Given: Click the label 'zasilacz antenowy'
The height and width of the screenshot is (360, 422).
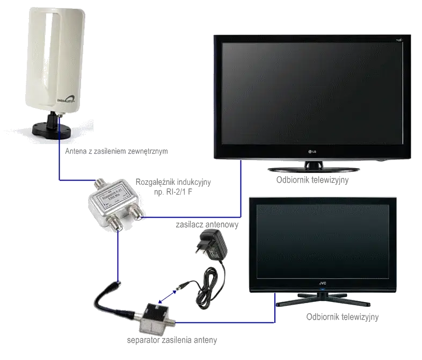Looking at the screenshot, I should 207,223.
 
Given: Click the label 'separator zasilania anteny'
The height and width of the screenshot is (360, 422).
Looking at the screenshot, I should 164,340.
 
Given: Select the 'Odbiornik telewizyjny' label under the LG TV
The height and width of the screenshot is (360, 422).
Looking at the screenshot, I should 311,181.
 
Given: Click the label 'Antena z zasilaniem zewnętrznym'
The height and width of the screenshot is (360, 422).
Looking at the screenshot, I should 115,152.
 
